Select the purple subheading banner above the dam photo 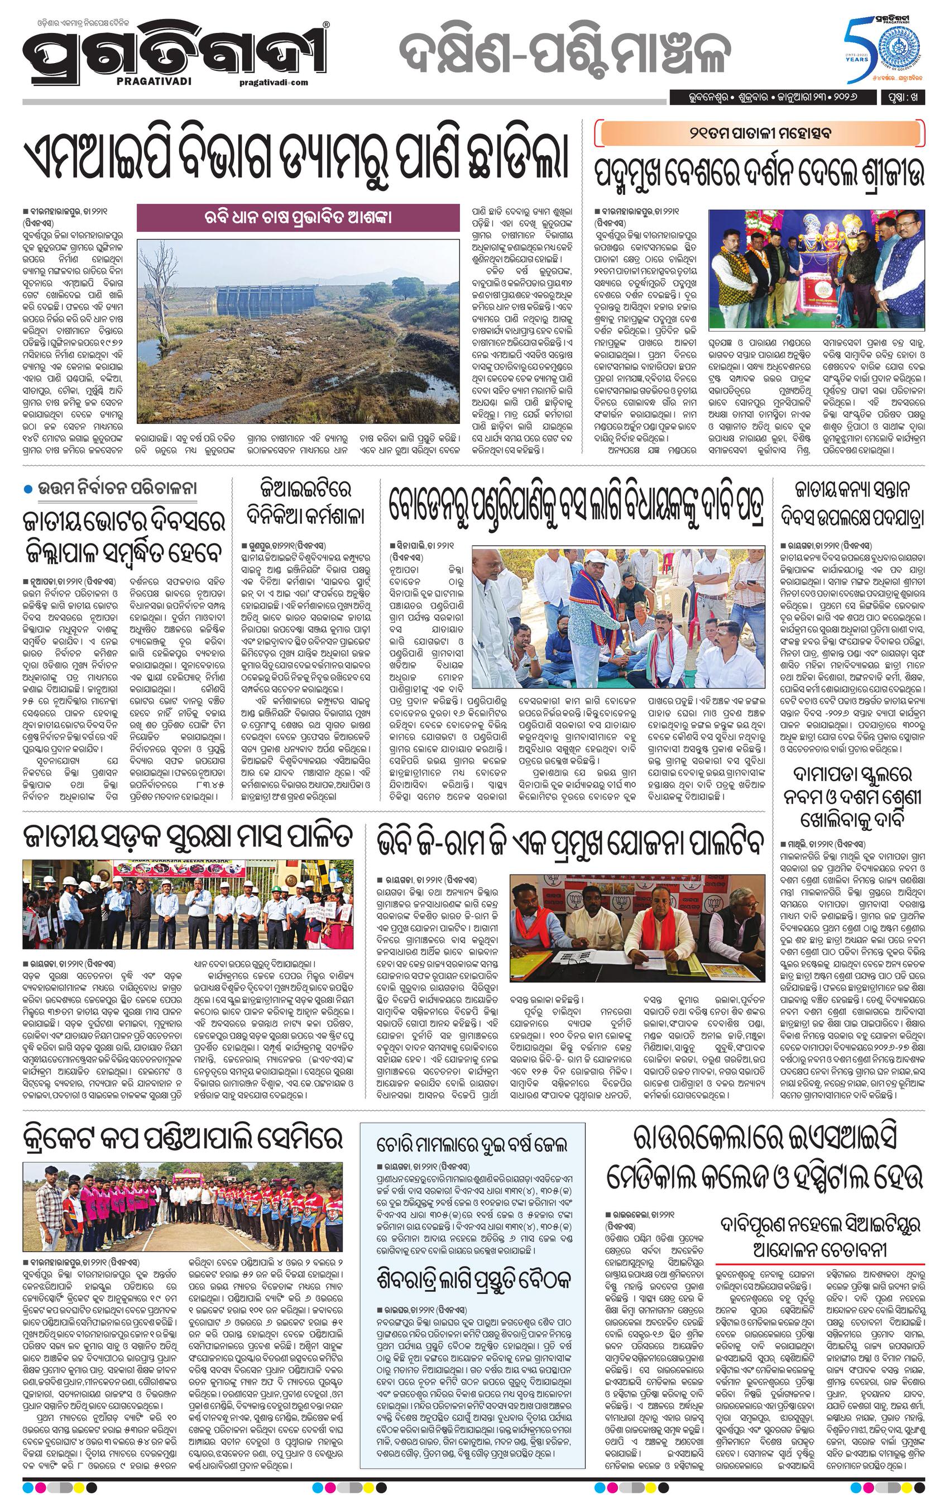tap(299, 218)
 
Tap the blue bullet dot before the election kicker tap(27, 489)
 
